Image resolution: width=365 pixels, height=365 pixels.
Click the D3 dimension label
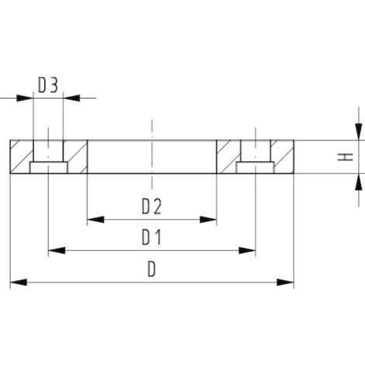(x=48, y=85)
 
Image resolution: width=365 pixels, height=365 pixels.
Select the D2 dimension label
(x=151, y=206)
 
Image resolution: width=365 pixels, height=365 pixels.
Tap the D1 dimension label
(x=151, y=236)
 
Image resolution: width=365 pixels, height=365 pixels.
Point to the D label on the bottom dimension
(x=152, y=267)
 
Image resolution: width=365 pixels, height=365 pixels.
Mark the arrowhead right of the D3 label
(x=71, y=98)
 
